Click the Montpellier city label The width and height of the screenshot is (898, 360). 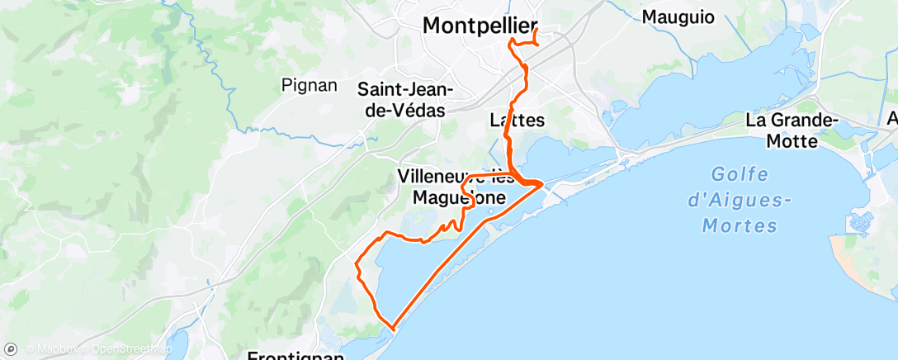480,26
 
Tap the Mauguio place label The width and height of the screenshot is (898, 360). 678,17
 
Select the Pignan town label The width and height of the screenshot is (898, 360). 310,84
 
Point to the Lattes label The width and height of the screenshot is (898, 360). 517,120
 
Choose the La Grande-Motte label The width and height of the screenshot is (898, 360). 792,130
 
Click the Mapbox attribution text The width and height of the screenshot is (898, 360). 57,350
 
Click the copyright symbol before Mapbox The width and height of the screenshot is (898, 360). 31,350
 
